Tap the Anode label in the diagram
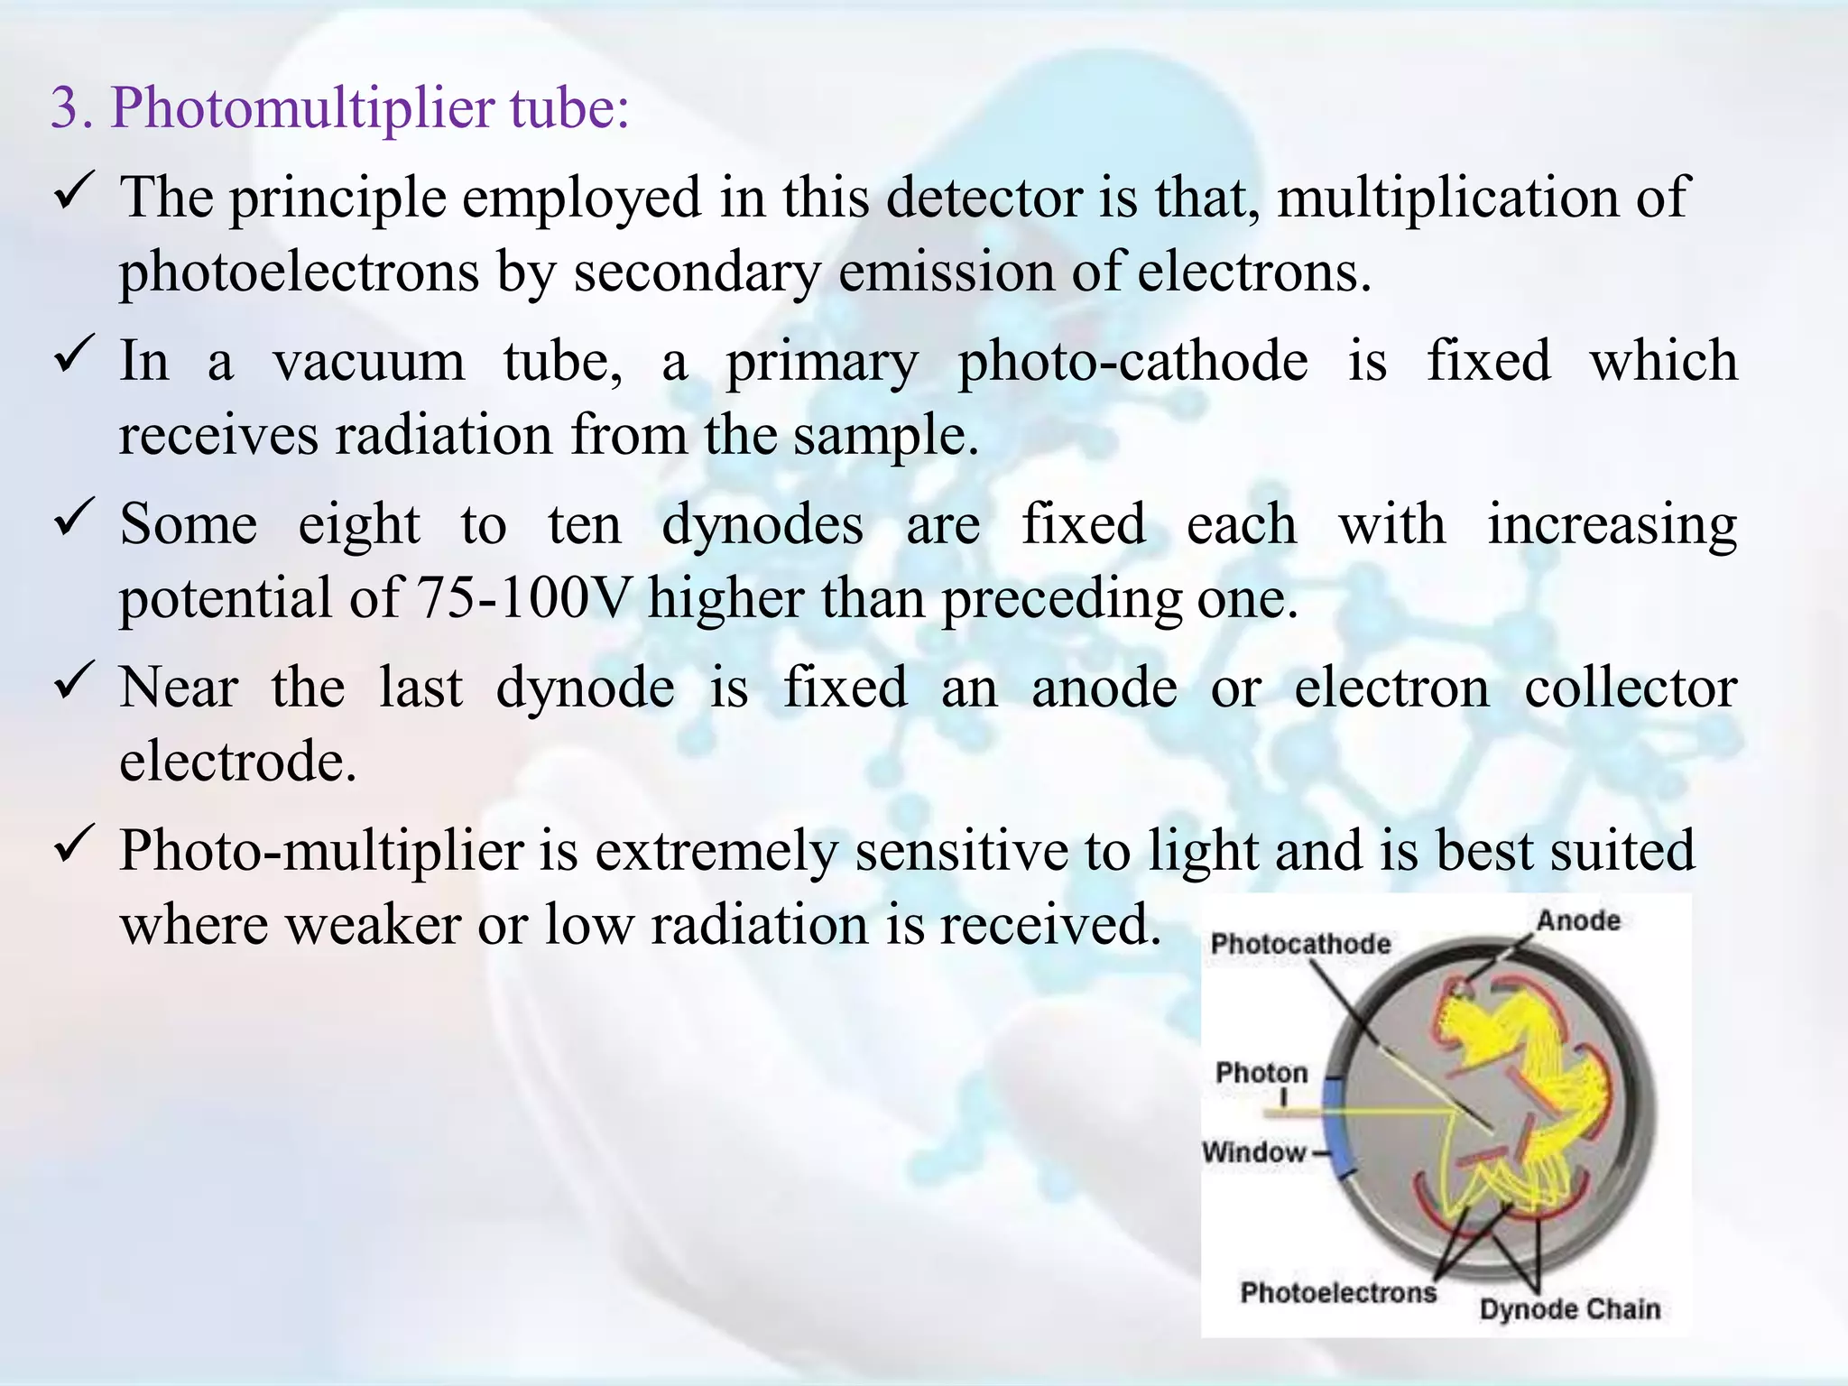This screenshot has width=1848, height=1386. [1578, 921]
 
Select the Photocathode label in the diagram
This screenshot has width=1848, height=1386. [1300, 944]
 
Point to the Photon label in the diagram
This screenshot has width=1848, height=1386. [1261, 1073]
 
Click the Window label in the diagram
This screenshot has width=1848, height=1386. [1253, 1152]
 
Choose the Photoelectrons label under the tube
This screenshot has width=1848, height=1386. [1338, 1292]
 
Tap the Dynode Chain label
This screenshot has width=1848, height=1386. [1569, 1309]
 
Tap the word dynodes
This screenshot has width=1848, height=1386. [762, 526]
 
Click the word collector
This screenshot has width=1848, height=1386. [1631, 688]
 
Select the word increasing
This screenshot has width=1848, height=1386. [1612, 526]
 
